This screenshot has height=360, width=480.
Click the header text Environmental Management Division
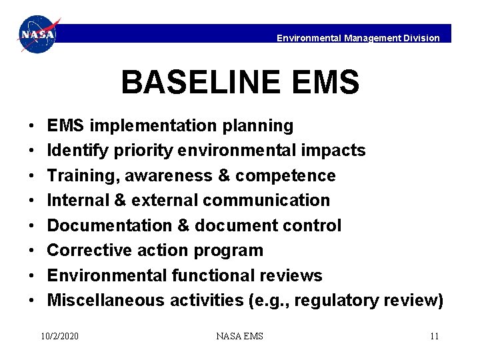tap(358, 38)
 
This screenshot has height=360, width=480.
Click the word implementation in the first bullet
tap(147, 126)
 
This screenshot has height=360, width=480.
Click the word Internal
tap(75, 201)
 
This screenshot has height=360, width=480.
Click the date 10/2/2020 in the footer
tap(59, 336)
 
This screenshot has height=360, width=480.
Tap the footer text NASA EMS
tap(239, 336)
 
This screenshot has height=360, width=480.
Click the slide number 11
tap(434, 336)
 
